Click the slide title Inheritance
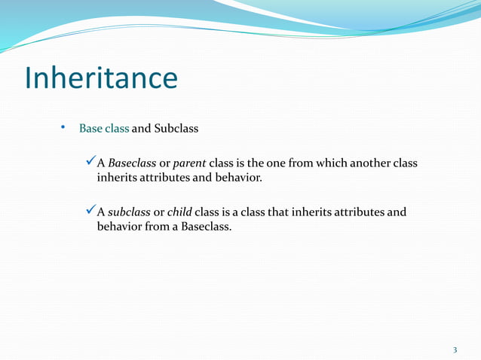101,78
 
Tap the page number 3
455,349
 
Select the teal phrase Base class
104,129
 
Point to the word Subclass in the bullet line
176,129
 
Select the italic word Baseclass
132,164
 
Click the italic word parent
189,164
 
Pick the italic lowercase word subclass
129,212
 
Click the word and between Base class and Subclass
142,129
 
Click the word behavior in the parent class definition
237,178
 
